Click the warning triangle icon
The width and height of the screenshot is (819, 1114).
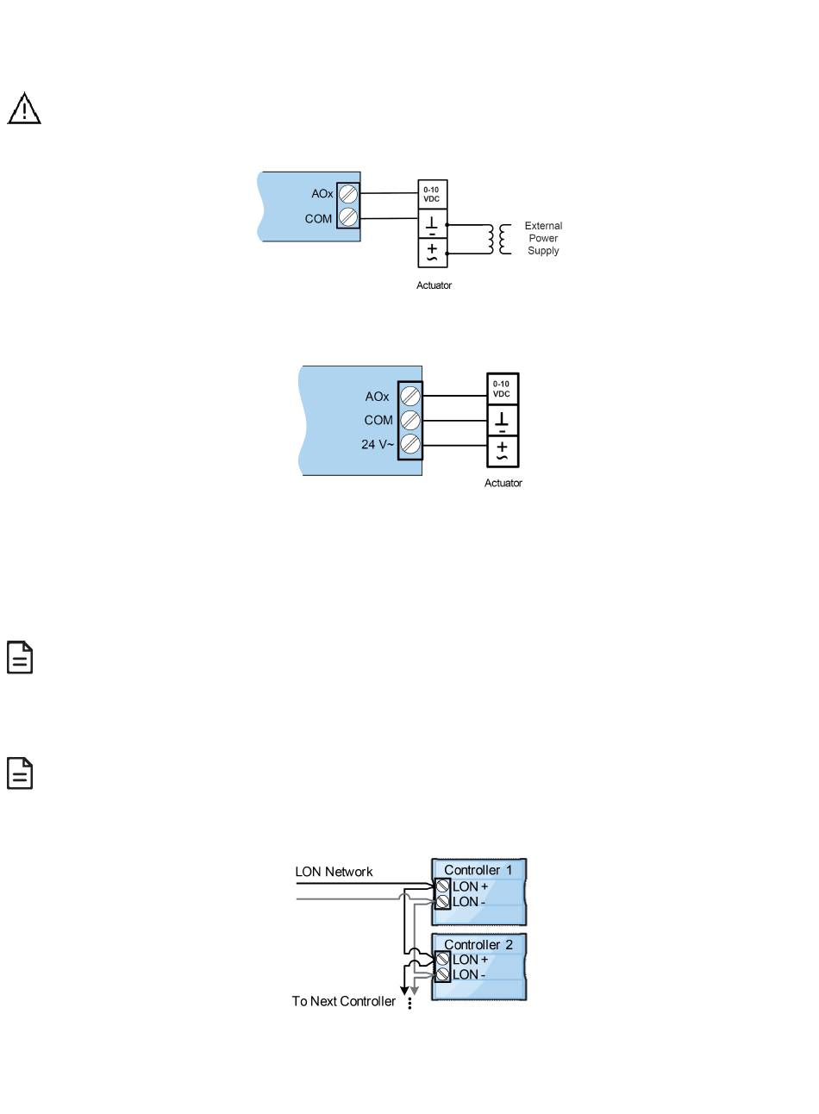click(25, 110)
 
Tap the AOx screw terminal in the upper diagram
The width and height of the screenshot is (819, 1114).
click(348, 194)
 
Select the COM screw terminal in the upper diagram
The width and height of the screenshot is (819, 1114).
click(348, 217)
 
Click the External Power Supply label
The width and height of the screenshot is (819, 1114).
click(543, 238)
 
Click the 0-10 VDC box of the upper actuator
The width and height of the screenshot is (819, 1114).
click(432, 194)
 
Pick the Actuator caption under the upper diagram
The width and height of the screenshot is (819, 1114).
click(434, 285)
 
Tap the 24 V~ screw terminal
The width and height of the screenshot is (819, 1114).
click(410, 445)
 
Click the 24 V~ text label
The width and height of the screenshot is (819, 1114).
click(378, 445)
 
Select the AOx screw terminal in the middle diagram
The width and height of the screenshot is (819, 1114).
click(410, 397)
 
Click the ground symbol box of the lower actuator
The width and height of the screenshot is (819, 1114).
click(503, 422)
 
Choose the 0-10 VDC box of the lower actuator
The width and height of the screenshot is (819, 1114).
click(502, 389)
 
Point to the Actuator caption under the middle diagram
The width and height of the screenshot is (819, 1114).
click(503, 483)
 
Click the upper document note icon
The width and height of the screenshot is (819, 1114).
click(21, 657)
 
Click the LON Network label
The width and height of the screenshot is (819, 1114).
click(334, 872)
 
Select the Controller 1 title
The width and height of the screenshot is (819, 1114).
click(478, 870)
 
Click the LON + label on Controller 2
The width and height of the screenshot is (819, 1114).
click(471, 960)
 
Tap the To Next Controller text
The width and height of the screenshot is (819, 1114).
click(344, 1002)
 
